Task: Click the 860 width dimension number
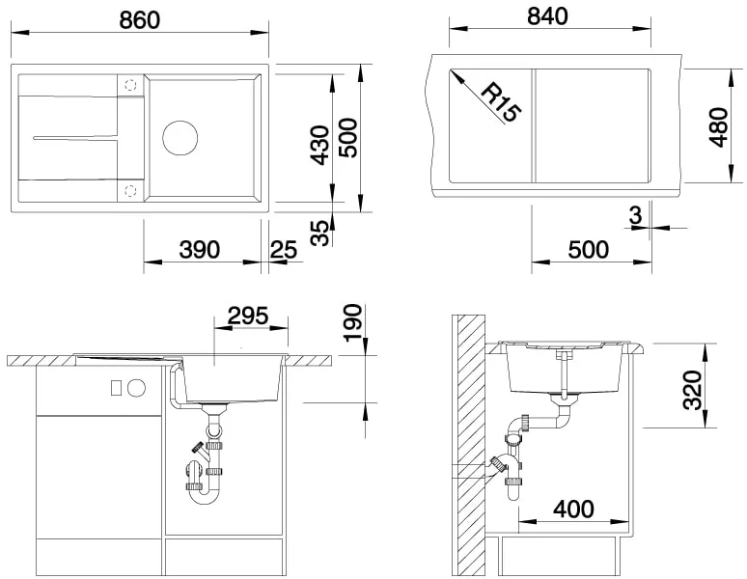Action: (x=140, y=18)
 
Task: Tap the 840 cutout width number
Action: (x=548, y=17)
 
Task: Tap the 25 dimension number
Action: (x=283, y=249)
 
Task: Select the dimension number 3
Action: (x=634, y=215)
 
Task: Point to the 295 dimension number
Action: (x=247, y=316)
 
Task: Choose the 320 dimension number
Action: (x=692, y=389)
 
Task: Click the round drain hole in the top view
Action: (x=179, y=137)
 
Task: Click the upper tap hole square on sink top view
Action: (x=130, y=86)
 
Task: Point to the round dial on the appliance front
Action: (x=136, y=388)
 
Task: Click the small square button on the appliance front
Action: (x=117, y=388)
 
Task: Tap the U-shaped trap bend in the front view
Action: (x=202, y=495)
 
